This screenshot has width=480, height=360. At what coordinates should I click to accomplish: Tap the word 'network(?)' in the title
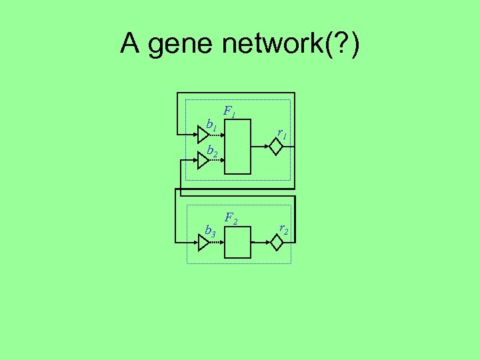click(291, 45)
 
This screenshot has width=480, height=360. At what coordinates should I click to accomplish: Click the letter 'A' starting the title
click(130, 44)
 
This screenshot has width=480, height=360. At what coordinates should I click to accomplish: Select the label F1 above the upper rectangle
click(229, 111)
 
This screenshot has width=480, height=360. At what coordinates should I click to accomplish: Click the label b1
click(211, 124)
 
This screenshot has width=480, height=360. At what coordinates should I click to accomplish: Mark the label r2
click(283, 229)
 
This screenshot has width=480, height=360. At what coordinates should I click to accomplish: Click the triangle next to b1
click(203, 135)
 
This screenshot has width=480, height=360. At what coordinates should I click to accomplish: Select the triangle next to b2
click(203, 160)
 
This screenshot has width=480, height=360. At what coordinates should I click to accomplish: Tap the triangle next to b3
click(203, 243)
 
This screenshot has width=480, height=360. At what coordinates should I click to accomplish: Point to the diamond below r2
click(277, 243)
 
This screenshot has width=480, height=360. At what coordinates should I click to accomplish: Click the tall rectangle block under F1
click(237, 147)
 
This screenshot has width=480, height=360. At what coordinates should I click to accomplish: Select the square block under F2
click(237, 243)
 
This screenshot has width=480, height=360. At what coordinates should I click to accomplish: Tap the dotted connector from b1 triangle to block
click(217, 135)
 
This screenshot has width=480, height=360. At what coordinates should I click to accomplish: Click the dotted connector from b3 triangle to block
click(217, 243)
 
